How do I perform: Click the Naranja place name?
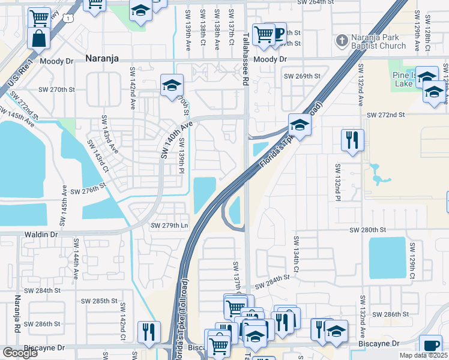(x=102, y=58)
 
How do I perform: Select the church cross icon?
(x=342, y=41)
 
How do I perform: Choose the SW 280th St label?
(x=367, y=230)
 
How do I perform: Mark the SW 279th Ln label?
(x=169, y=226)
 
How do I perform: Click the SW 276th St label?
(x=88, y=191)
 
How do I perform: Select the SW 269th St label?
(x=304, y=76)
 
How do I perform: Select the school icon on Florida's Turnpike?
(x=299, y=125)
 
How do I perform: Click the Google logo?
(x=20, y=353)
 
